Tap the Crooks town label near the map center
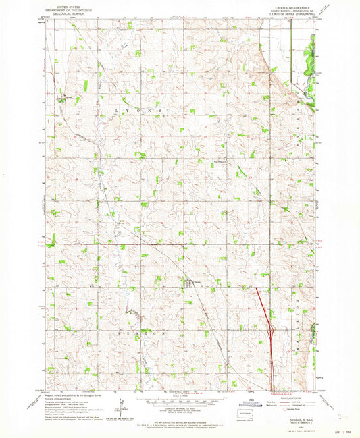[196, 282]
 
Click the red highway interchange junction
[271, 331]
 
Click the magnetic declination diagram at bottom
[122, 409]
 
